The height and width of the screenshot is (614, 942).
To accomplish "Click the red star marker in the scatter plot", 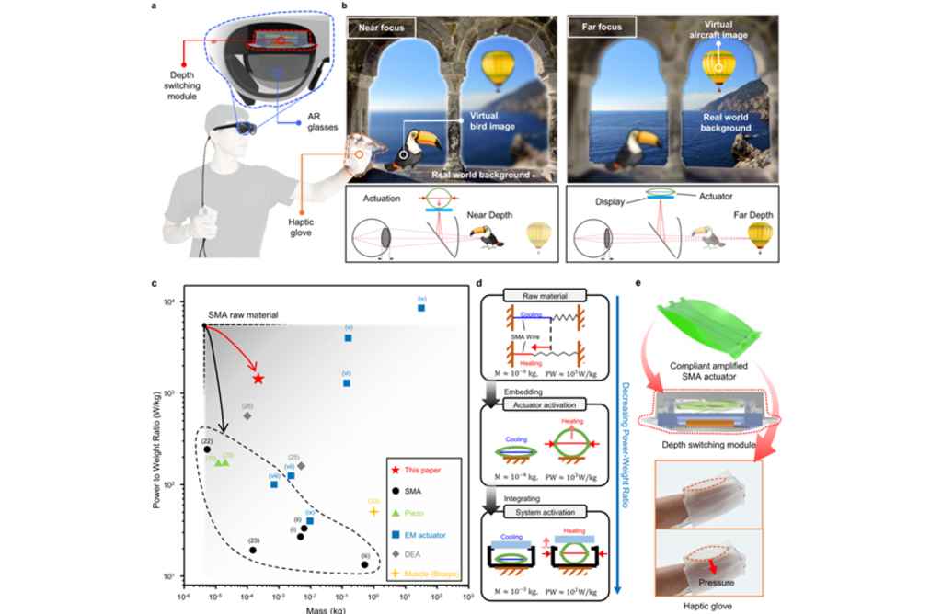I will point(258,379).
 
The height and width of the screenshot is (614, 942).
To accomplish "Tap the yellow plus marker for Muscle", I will point(373,512).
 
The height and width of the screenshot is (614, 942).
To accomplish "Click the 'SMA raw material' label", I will point(241,315).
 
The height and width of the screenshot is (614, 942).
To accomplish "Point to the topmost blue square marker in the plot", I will point(421,308).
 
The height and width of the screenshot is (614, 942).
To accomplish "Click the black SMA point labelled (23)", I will point(253,550).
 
